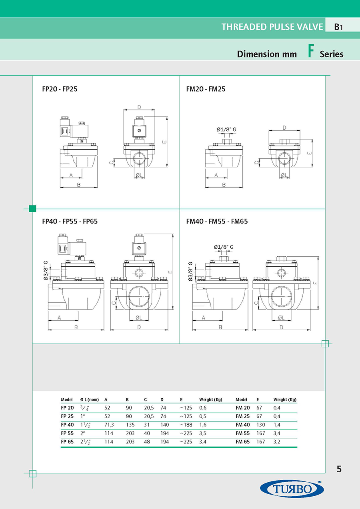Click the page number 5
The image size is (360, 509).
click(x=339, y=469)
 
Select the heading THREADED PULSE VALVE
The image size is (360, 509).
click(x=272, y=27)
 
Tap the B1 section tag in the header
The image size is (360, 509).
click(x=338, y=27)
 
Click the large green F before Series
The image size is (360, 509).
click(x=310, y=52)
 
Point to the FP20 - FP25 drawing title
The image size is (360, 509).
click(x=60, y=89)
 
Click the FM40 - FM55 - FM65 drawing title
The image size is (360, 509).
click(x=217, y=221)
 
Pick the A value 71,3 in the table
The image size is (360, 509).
click(x=109, y=425)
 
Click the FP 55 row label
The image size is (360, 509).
click(x=67, y=433)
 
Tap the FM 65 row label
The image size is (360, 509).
click(x=242, y=442)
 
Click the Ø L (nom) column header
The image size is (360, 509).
click(x=89, y=399)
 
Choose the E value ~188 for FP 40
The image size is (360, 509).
click(x=186, y=425)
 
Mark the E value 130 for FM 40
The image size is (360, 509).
click(x=260, y=425)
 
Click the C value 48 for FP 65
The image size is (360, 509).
click(x=147, y=442)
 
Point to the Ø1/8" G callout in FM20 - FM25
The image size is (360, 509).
click(x=226, y=129)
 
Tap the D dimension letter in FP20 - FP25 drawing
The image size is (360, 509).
click(x=139, y=107)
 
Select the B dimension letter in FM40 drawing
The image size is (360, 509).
click(x=220, y=327)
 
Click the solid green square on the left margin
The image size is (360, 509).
click(x=33, y=208)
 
